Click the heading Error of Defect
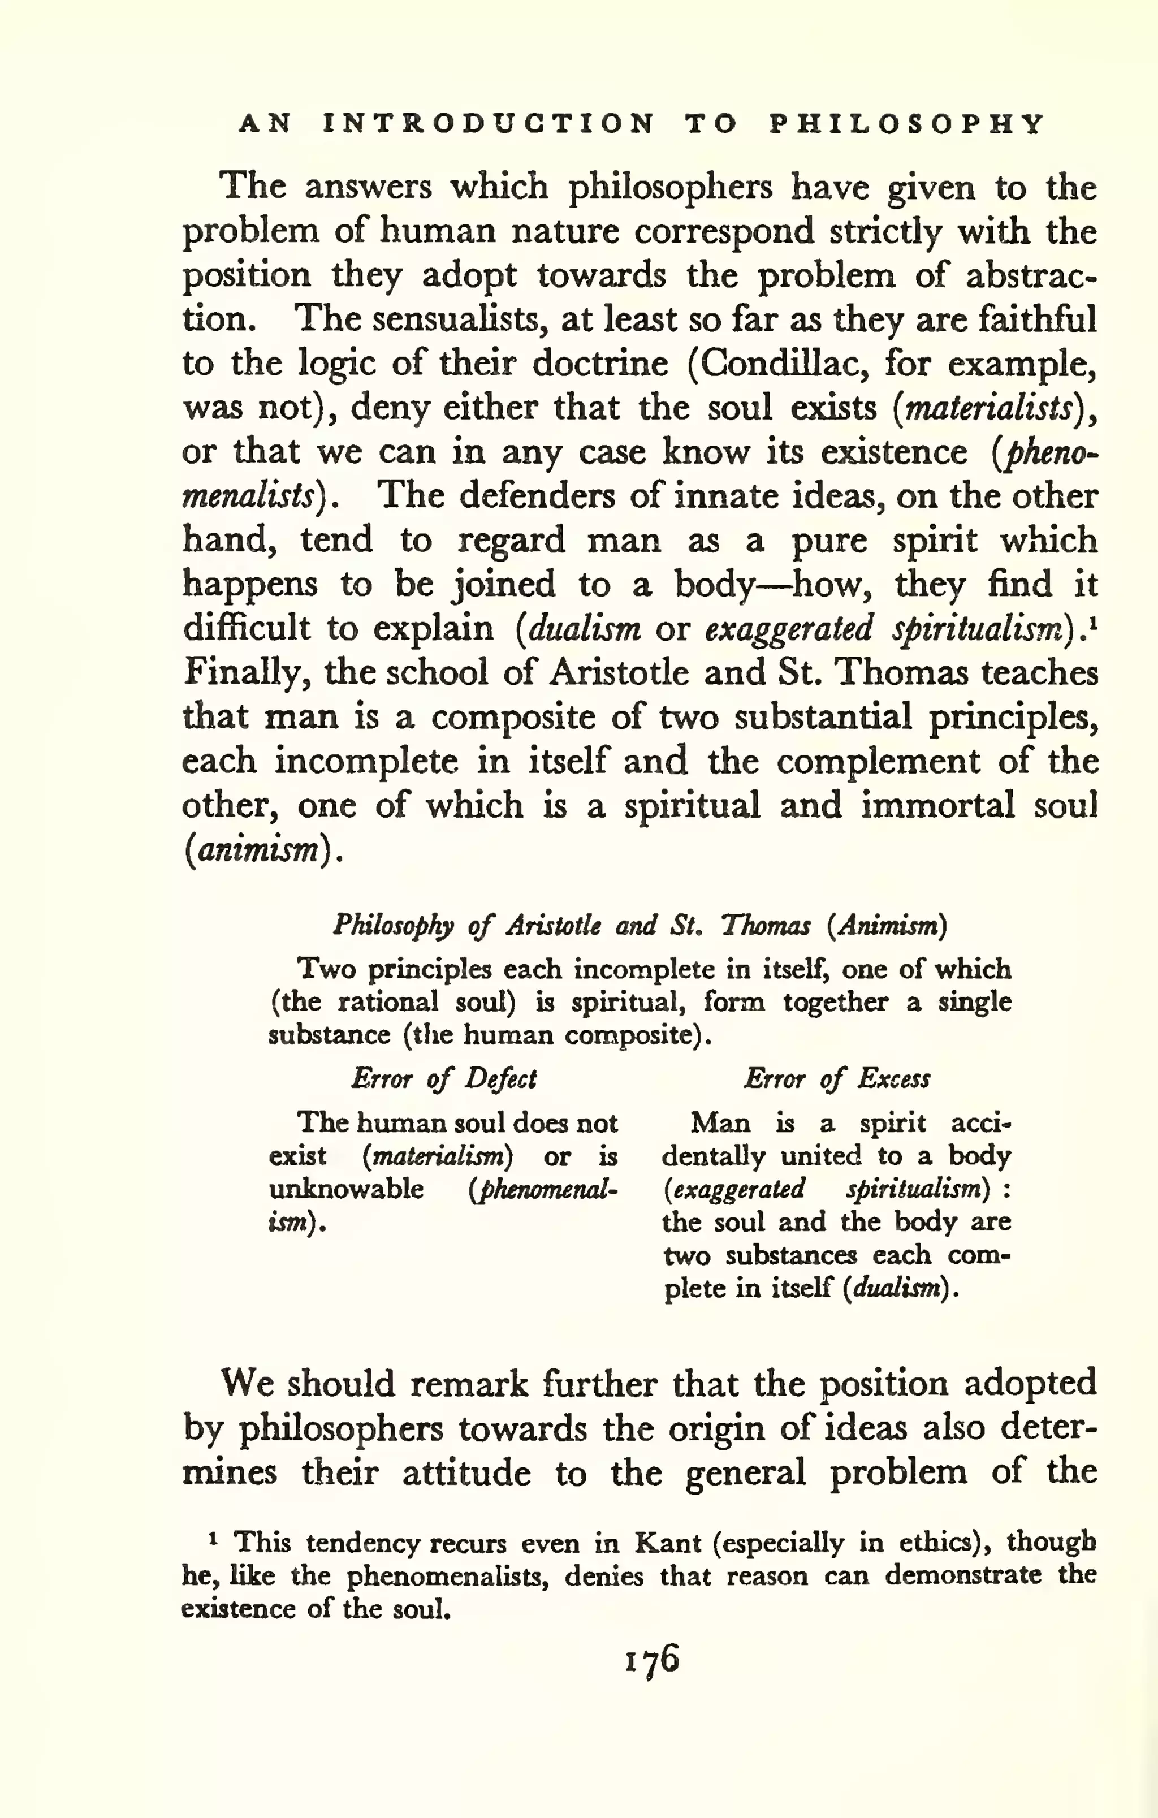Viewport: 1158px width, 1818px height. pos(444,1079)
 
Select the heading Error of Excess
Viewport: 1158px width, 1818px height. pos(836,1079)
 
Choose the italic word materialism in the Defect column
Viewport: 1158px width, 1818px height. pos(438,1156)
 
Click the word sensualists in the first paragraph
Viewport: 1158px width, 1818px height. pos(458,319)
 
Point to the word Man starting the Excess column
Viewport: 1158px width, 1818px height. pos(720,1124)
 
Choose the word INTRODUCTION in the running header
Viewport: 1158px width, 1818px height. pos(489,123)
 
